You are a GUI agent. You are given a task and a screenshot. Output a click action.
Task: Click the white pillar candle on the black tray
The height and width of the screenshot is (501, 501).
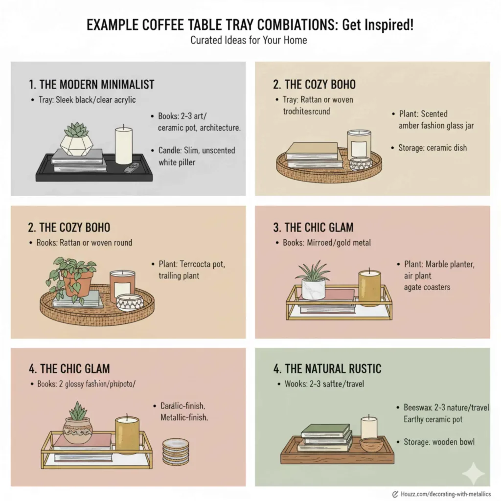(x=123, y=146)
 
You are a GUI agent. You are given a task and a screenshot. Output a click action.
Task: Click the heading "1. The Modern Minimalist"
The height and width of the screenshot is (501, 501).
(x=91, y=84)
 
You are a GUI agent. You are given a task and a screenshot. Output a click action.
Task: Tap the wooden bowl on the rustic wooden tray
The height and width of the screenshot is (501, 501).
(x=371, y=445)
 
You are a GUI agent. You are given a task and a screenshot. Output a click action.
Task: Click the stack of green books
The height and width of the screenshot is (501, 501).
(x=326, y=438)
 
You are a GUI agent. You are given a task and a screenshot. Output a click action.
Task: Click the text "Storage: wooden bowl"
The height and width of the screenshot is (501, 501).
(x=439, y=442)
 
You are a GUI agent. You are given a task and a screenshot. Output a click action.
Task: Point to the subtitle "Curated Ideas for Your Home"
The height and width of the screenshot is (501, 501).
(x=249, y=40)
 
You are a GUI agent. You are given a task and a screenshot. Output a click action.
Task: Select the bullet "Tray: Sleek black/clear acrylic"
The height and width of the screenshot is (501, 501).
(x=87, y=100)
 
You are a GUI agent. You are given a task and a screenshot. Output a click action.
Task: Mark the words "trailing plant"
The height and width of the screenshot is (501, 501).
(x=179, y=276)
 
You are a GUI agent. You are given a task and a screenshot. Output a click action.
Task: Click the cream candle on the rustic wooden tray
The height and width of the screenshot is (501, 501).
(x=369, y=428)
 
